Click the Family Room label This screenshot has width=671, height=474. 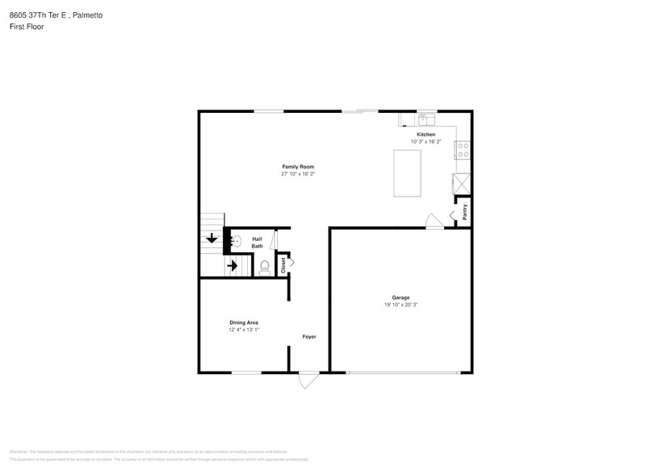(297, 166)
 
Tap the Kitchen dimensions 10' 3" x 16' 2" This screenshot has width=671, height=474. (426, 141)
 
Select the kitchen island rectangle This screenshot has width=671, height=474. (408, 173)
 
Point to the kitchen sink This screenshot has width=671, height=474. (426, 116)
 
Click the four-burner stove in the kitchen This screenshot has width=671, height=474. (463, 150)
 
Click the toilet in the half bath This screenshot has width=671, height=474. (264, 266)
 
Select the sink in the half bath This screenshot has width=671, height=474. (236, 240)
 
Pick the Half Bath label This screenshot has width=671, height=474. (257, 242)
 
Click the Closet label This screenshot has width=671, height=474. (282, 264)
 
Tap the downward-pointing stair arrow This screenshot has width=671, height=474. (212, 238)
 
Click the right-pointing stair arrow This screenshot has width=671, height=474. (233, 264)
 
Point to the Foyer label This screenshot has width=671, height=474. (309, 336)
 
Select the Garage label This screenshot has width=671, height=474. (400, 297)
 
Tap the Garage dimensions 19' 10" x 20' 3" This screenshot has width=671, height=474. (400, 305)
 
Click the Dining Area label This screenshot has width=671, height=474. (243, 322)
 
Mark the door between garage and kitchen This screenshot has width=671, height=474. (434, 222)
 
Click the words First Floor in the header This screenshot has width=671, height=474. (27, 27)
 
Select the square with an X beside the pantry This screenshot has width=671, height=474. (463, 182)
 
